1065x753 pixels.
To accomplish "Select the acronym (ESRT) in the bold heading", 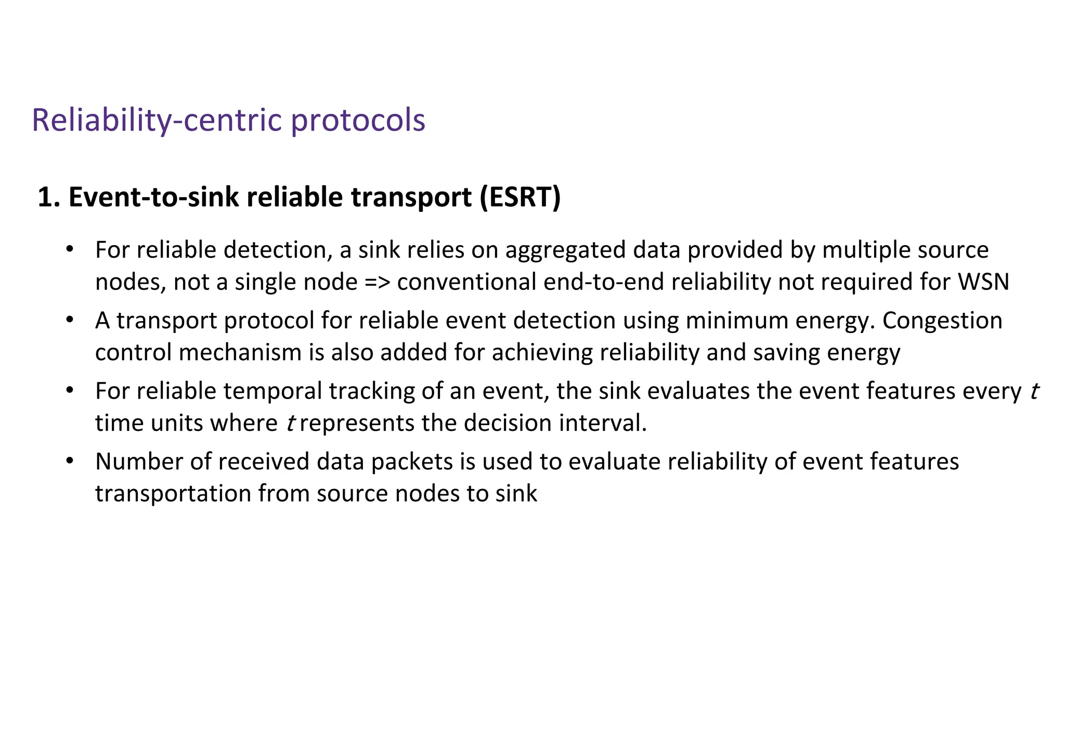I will tap(520, 197).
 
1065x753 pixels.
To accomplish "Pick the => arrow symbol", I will tap(377, 283).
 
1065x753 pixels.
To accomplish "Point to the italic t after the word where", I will tap(291, 423).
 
